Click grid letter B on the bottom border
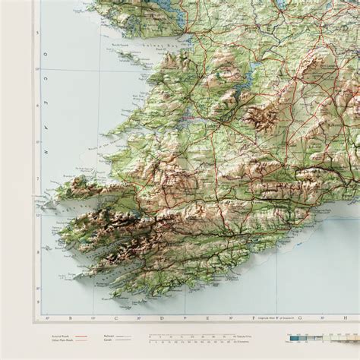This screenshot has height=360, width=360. point(70,318)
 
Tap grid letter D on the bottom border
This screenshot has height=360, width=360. point(161,318)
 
